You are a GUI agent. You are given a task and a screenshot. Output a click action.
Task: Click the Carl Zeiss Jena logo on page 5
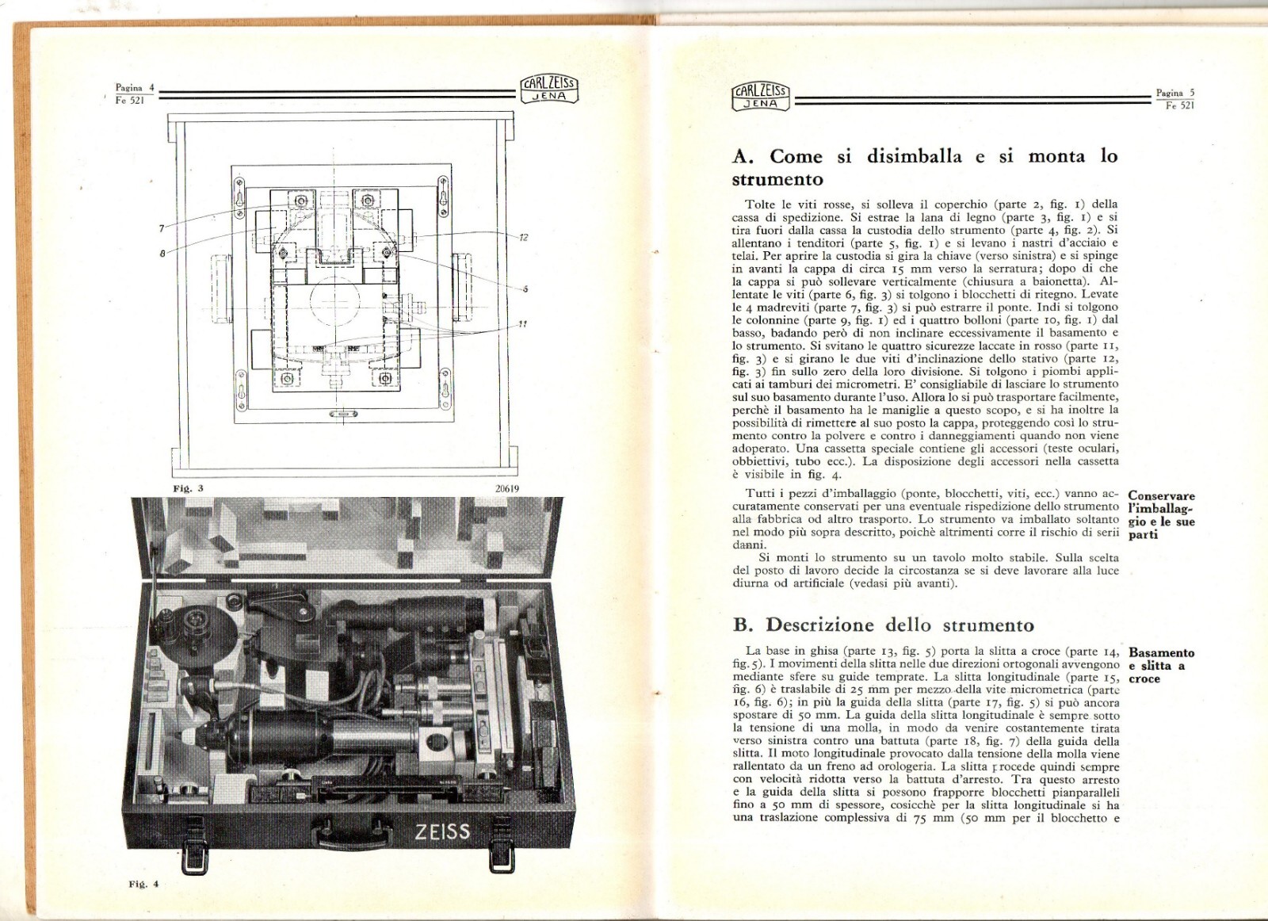(759, 97)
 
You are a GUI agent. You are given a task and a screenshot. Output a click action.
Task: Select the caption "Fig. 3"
(188, 488)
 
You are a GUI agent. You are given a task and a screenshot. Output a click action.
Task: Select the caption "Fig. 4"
(143, 883)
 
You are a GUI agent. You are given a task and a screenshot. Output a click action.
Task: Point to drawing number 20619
(506, 489)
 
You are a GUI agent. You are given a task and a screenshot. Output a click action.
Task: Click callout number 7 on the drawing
(162, 228)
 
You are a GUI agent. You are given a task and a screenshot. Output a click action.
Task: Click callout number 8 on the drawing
(162, 254)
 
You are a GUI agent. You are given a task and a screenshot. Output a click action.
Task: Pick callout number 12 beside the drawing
(523, 237)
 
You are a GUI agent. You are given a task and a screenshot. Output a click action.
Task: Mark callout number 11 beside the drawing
(522, 323)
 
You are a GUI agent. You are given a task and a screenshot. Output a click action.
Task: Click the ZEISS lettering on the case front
(442, 831)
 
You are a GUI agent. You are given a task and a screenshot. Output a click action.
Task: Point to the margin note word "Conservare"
(1161, 496)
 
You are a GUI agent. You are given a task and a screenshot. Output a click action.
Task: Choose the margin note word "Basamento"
(1161, 653)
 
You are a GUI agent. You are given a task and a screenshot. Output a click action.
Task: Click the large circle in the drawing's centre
(335, 302)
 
